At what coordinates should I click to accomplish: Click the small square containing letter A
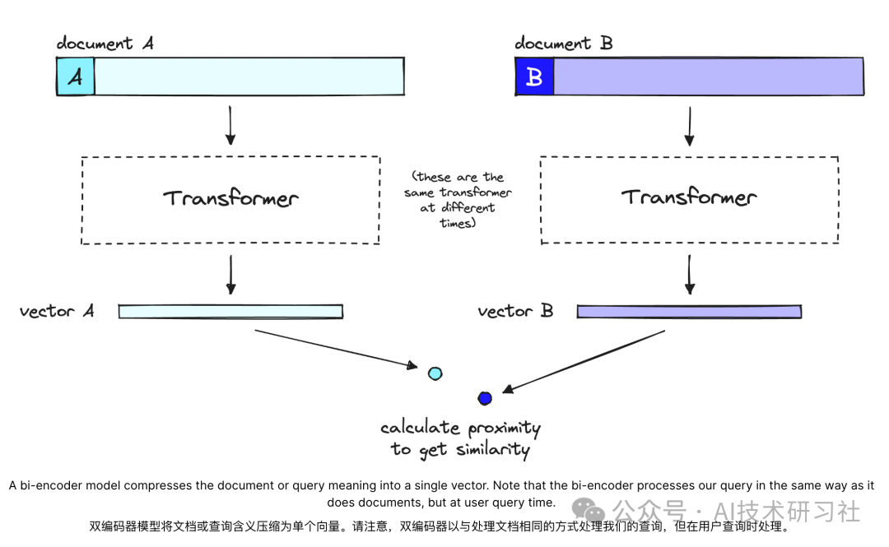[x=76, y=76]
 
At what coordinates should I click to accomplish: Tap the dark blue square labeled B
[x=534, y=76]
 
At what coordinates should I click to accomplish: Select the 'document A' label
[x=105, y=43]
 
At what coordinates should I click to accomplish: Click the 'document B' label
[x=564, y=43]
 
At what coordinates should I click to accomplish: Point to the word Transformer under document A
[x=230, y=198]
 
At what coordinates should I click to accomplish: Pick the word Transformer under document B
[x=689, y=197]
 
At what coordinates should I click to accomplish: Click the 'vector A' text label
[x=57, y=311]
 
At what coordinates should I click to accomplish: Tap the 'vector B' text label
[x=515, y=311]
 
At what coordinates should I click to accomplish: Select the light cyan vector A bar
[x=230, y=312]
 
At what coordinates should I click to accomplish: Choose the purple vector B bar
[x=689, y=312]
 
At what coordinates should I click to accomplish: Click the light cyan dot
[x=435, y=373]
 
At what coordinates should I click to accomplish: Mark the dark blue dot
[x=485, y=399]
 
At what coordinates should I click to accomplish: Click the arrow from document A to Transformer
[x=230, y=125]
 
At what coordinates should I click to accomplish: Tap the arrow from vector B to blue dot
[x=584, y=362]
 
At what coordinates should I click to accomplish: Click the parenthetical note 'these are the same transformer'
[x=457, y=200]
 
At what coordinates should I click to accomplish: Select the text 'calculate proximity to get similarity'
[x=460, y=438]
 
